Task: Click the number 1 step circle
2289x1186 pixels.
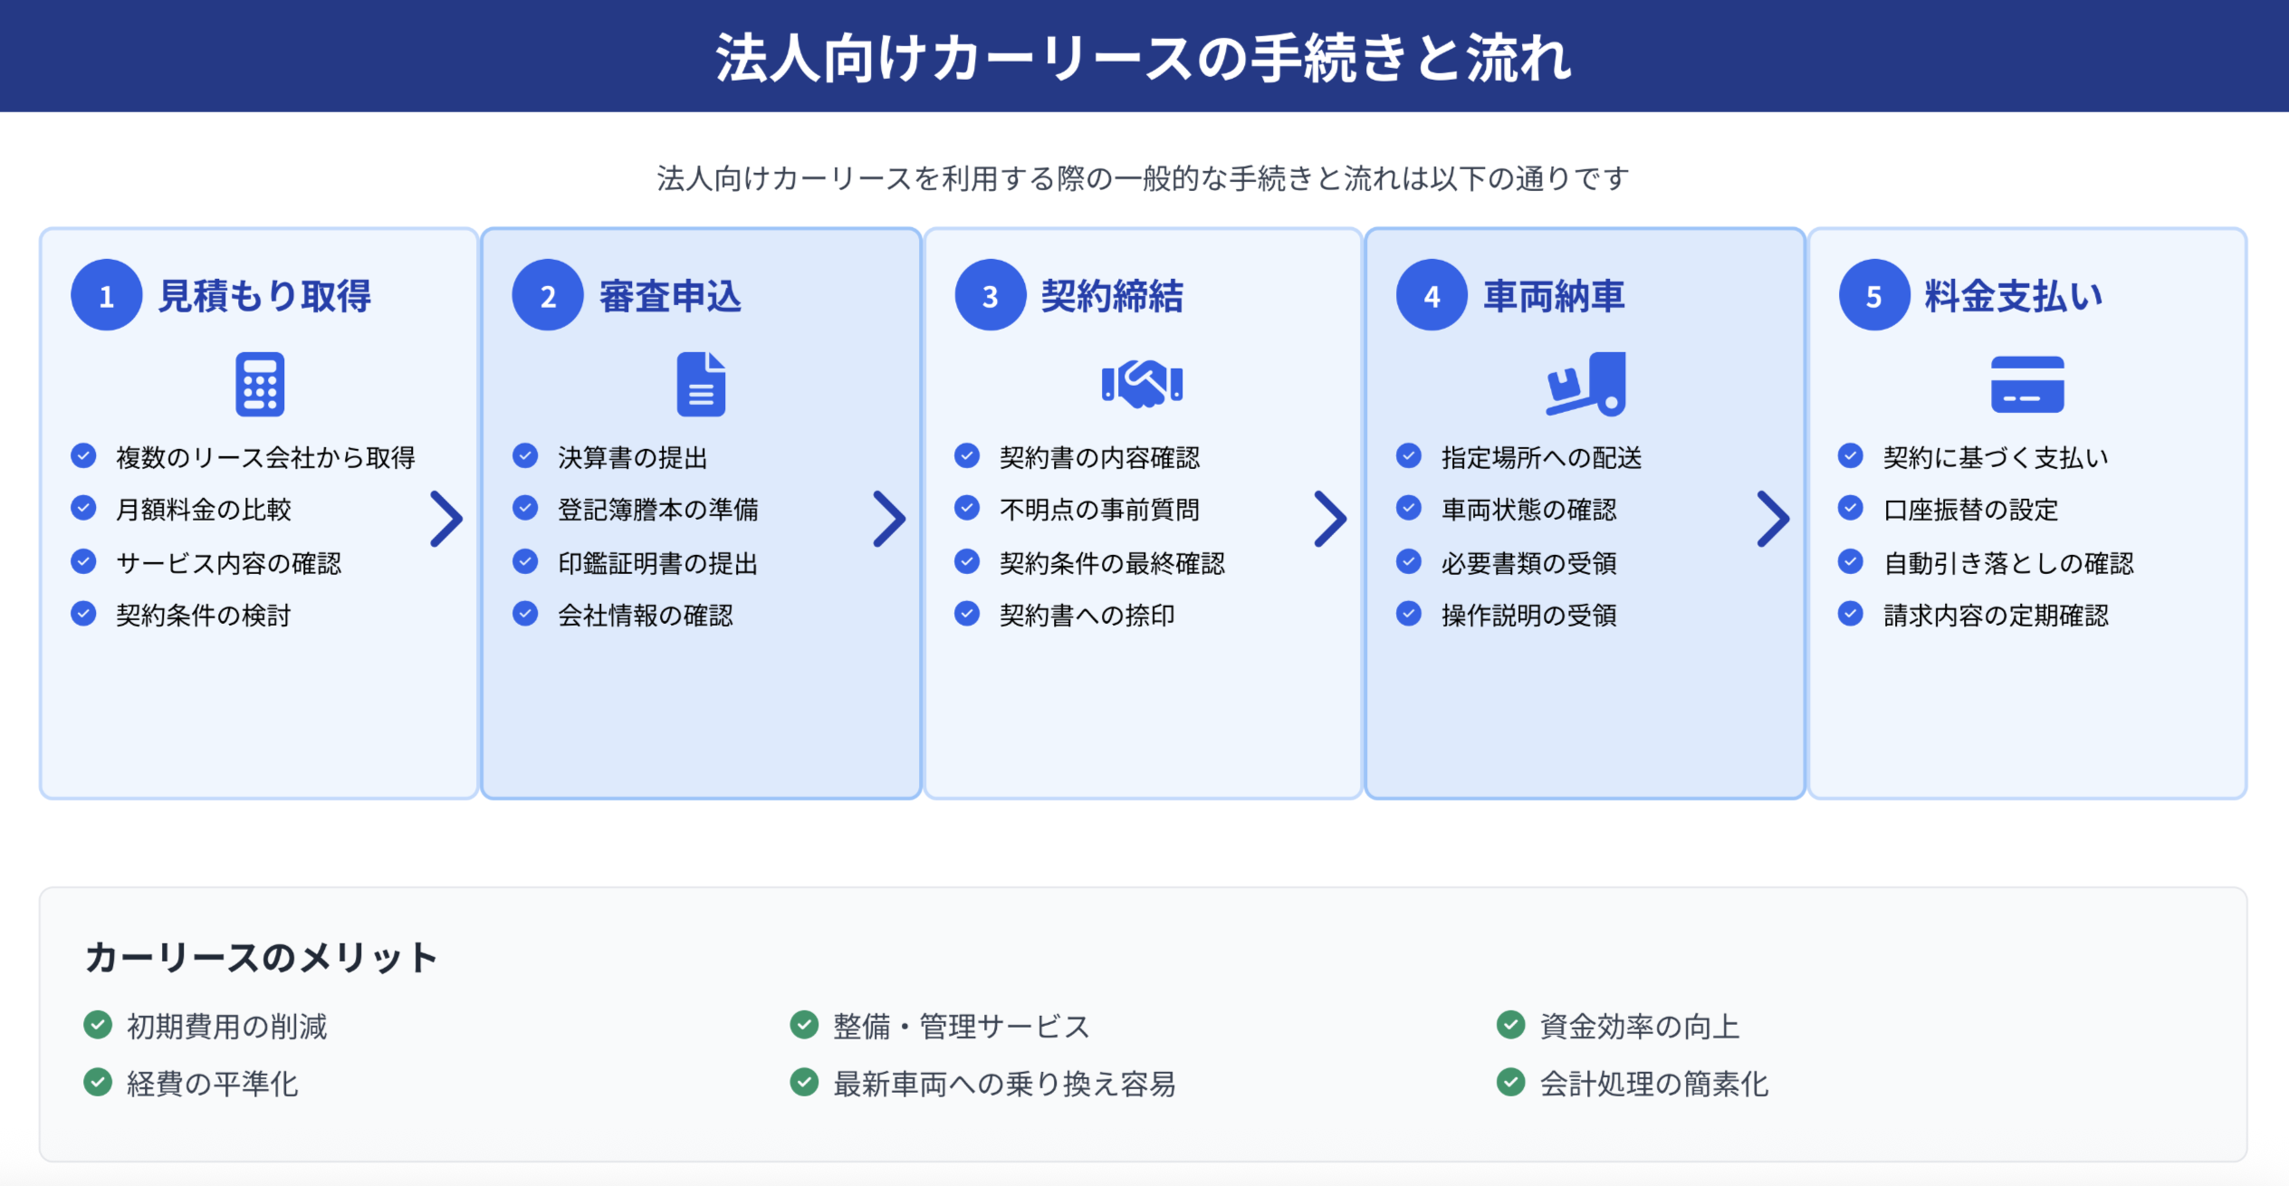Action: click(x=106, y=295)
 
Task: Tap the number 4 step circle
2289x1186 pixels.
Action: click(x=1432, y=295)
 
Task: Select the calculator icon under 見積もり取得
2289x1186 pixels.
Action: click(x=260, y=384)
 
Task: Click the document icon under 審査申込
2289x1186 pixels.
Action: click(x=702, y=384)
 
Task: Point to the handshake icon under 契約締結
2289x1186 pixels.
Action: click(x=1142, y=384)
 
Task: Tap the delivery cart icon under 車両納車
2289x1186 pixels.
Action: click(x=1585, y=384)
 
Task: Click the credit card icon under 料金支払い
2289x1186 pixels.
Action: click(x=2027, y=385)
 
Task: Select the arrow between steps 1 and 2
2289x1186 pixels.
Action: click(x=446, y=519)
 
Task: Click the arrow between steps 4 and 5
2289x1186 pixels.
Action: click(x=1773, y=519)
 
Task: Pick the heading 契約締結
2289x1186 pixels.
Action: click(x=1112, y=296)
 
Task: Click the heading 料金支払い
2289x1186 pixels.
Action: click(x=2014, y=296)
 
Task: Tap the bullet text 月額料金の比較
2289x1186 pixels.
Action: click(x=204, y=510)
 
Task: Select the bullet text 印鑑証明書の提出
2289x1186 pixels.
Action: click(x=657, y=563)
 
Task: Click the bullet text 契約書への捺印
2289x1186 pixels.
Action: click(x=1087, y=616)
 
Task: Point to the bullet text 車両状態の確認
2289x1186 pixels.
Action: click(x=1528, y=510)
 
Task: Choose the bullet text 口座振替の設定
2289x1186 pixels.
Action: click(x=1970, y=510)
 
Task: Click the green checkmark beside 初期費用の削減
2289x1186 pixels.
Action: click(x=98, y=1025)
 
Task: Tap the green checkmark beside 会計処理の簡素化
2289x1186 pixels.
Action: click(x=1510, y=1082)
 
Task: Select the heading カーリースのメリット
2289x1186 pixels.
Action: click(x=261, y=958)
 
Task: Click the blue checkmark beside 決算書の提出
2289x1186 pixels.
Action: click(x=525, y=455)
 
